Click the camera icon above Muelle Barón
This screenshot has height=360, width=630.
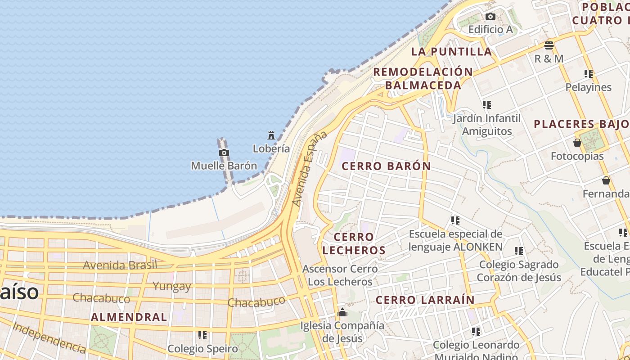tap(224, 153)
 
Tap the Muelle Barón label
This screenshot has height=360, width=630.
tap(224, 166)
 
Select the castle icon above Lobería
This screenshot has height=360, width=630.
tap(271, 135)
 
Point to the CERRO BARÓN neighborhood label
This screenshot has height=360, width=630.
tap(386, 166)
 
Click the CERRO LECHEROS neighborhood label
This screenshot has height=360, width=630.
tap(354, 243)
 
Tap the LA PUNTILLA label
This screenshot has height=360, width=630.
tap(451, 51)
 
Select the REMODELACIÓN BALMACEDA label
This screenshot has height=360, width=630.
tap(423, 78)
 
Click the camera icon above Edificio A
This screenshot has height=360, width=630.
tap(490, 17)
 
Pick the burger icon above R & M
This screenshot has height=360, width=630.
tap(549, 45)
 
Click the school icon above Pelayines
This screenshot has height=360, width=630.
tap(588, 73)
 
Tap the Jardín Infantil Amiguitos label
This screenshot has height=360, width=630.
tap(486, 125)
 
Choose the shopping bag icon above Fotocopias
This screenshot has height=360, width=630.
tap(577, 143)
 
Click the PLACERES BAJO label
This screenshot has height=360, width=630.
tap(581, 124)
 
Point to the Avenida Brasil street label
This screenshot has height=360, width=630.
tap(120, 265)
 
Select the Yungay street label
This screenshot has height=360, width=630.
tap(171, 286)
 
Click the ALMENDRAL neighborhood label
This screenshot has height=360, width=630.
tap(129, 317)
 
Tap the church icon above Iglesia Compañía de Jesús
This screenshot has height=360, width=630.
tap(342, 312)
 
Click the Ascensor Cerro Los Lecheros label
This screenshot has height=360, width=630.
tap(340, 275)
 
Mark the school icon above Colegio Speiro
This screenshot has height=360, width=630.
tap(202, 335)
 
